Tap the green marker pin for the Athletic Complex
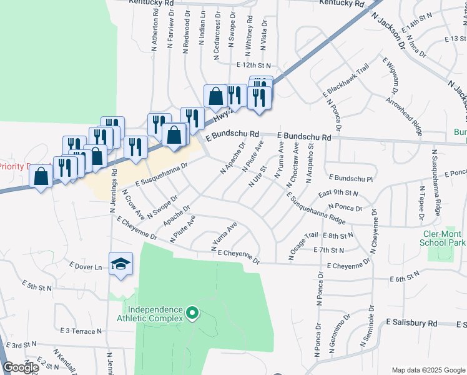[193, 312]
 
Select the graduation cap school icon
[121, 263]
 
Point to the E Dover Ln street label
[87, 267]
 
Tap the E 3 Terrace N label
[81, 329]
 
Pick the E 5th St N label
[38, 287]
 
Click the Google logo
[20, 367]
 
